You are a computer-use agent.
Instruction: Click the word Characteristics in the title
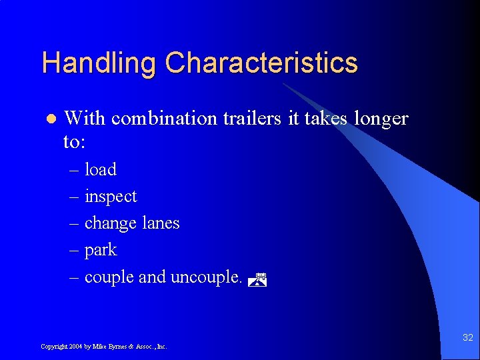coord(261,64)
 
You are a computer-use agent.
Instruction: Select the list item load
coord(100,170)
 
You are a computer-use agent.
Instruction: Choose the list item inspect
coord(111,197)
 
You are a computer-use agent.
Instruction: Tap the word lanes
coord(161,223)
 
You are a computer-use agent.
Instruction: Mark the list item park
coord(101,251)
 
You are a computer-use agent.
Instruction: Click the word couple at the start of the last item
coord(109,277)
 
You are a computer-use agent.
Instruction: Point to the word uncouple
coord(206,277)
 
